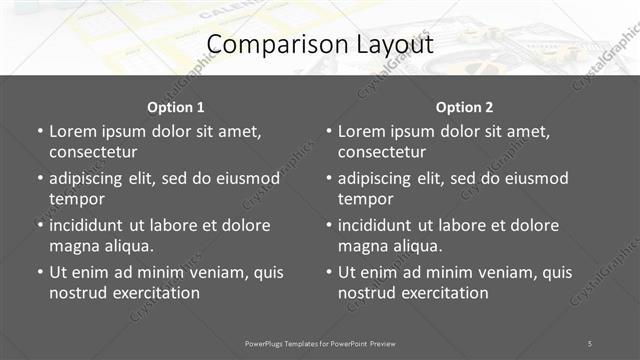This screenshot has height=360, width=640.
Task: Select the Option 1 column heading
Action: (176, 107)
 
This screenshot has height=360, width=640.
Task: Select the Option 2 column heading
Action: (465, 107)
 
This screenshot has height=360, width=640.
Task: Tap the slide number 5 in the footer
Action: (590, 343)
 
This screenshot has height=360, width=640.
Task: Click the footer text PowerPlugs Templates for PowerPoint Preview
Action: (320, 343)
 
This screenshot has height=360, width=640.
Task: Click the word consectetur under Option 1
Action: (93, 152)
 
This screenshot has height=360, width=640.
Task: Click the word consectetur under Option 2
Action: (382, 152)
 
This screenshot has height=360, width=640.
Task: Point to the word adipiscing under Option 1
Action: (90, 178)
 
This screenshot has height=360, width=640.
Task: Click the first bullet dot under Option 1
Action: (39, 131)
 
